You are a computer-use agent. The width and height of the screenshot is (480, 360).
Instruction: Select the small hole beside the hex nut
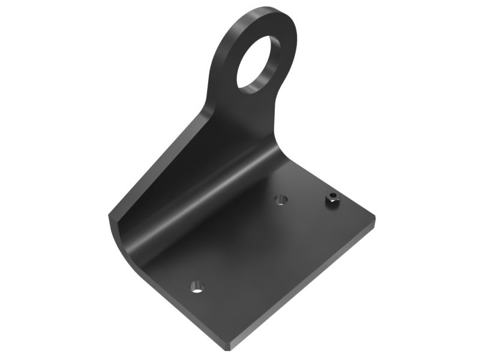tap(280, 199)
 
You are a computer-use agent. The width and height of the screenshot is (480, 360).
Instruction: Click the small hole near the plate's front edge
tap(197, 286)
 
